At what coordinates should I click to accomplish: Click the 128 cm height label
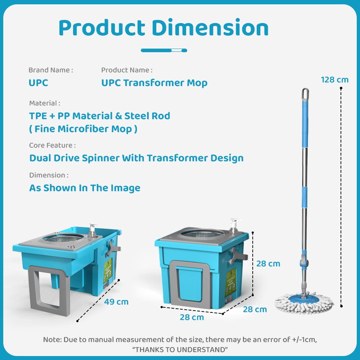point(334,80)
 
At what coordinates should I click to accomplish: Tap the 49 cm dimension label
point(116,302)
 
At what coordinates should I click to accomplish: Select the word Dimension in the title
point(210,28)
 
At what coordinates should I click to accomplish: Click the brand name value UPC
point(39,83)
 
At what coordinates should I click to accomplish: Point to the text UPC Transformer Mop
point(154,83)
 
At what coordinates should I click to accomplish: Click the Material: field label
point(45,103)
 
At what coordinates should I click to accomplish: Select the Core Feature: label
point(52,145)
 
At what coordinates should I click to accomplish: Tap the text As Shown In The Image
point(85,188)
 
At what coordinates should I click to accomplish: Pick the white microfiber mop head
point(304,303)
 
